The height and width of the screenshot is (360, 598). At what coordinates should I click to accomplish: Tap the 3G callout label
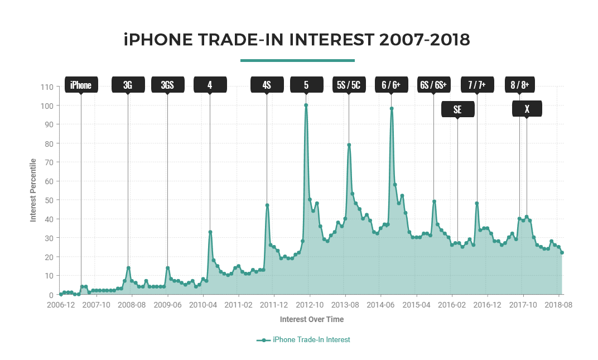[128, 85]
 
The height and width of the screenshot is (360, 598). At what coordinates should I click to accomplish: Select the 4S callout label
[267, 85]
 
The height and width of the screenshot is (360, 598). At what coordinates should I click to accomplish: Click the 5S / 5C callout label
[349, 85]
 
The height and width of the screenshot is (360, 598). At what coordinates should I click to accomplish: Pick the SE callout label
[457, 109]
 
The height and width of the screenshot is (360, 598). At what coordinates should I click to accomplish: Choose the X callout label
[527, 109]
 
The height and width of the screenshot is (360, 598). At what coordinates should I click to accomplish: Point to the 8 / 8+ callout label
[519, 85]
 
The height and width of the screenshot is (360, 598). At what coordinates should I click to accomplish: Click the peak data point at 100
[306, 105]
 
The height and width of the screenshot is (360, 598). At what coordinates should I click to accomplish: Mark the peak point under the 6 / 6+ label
[392, 109]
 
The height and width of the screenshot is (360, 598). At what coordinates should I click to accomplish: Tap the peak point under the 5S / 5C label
[349, 145]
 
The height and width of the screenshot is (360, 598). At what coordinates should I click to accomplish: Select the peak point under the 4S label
[267, 205]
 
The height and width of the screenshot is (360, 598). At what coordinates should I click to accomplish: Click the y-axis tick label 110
[47, 87]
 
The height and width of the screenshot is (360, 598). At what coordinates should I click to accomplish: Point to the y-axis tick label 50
[49, 200]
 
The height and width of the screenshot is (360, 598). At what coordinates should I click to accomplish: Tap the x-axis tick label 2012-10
[309, 305]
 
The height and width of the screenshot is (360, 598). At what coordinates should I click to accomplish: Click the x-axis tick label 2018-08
[559, 305]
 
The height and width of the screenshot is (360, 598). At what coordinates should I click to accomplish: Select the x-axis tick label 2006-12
[60, 305]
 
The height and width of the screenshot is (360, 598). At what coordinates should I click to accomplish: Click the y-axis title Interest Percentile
[33, 190]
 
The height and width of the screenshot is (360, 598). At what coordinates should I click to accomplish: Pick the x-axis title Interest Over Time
[312, 320]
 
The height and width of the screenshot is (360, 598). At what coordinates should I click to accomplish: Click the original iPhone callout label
[81, 85]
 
